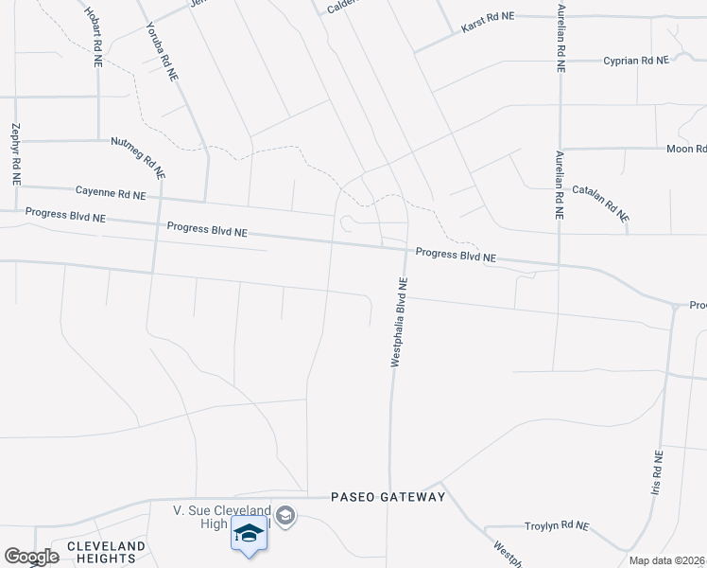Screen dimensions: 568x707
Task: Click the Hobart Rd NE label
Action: (x=95, y=38)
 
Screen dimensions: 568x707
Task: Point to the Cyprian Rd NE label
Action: (x=636, y=60)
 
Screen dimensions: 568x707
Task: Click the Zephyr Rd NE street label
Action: (x=16, y=152)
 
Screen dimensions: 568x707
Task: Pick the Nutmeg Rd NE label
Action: (x=138, y=156)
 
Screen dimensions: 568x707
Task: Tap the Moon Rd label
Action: (x=686, y=149)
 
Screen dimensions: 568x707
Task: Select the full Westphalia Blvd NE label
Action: (x=399, y=322)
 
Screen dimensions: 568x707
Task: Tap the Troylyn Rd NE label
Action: (x=556, y=525)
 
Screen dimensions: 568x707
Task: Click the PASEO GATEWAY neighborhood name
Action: (x=388, y=497)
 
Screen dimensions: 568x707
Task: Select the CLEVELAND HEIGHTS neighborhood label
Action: (x=106, y=553)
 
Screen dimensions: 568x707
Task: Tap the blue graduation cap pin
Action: (x=249, y=534)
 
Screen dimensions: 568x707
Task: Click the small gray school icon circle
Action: (x=287, y=516)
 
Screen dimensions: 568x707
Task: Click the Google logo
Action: (x=31, y=557)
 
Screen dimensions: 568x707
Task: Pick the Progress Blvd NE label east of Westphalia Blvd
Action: (x=456, y=256)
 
